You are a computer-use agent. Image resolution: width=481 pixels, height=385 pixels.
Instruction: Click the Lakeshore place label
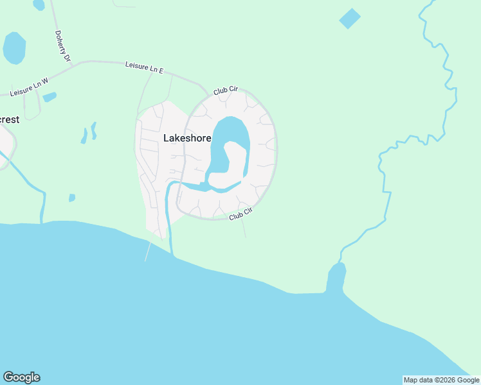pos(187,138)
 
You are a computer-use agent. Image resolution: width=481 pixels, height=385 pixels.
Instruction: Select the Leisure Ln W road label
pos(30,85)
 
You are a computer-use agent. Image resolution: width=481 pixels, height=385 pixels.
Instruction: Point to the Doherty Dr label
pos(62,46)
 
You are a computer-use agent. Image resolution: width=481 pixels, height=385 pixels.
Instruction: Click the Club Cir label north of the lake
pos(226,92)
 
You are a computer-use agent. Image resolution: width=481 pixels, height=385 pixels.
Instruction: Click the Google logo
pos(21,377)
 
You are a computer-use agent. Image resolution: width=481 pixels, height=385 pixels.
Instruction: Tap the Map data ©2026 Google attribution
pos(441,380)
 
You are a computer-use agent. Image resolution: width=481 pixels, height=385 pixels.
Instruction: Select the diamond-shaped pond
pos(350,19)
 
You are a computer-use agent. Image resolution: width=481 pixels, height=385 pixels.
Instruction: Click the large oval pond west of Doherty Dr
pos(14,47)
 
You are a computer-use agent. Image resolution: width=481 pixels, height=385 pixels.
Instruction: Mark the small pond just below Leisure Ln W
pos(50,98)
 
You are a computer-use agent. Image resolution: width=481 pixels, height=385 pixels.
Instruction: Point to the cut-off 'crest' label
pos(10,120)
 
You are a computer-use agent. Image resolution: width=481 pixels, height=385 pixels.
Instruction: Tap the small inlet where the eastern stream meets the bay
pos(336,277)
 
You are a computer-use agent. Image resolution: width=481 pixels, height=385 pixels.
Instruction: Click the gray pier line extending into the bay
pos(148,252)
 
